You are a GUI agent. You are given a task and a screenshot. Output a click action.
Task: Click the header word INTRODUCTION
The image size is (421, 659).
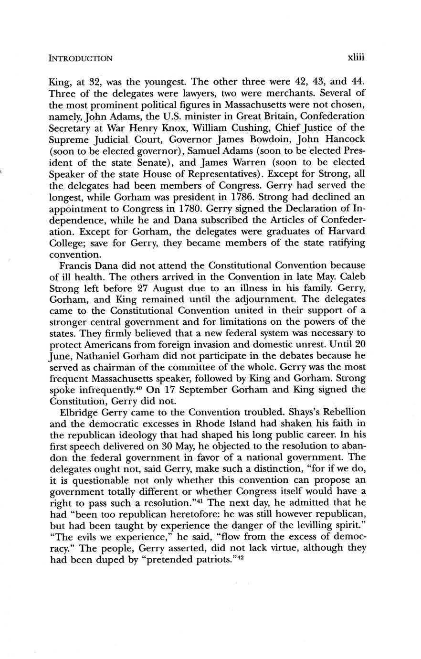click(x=81, y=59)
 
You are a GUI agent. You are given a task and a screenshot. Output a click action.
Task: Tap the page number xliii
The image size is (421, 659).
click(x=356, y=58)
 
